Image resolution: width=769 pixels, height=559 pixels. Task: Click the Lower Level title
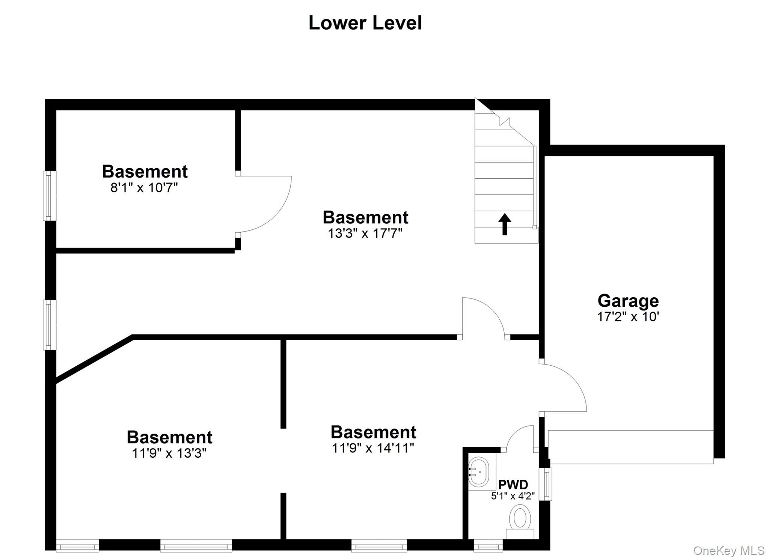click(365, 23)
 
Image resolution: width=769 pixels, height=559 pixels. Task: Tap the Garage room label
click(628, 301)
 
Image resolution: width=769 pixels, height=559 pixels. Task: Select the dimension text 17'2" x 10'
click(628, 317)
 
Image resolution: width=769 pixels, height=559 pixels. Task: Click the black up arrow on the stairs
click(505, 224)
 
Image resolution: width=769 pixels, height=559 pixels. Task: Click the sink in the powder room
click(479, 472)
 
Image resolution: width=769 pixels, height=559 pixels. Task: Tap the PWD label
click(513, 485)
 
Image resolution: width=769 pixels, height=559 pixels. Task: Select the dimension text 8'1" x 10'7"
click(144, 187)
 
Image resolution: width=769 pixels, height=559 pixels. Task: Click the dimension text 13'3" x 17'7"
click(365, 234)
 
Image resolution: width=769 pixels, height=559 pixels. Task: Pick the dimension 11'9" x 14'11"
click(373, 448)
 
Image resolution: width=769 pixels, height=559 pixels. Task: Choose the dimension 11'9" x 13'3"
click(169, 453)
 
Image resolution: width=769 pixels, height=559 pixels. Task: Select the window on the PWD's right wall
click(546, 484)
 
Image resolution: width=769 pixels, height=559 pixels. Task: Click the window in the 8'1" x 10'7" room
click(50, 196)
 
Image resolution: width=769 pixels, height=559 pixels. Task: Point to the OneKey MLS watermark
click(728, 550)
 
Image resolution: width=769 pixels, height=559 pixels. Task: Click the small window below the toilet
click(488, 545)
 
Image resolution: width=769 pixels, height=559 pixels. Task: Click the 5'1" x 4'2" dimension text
click(513, 496)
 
